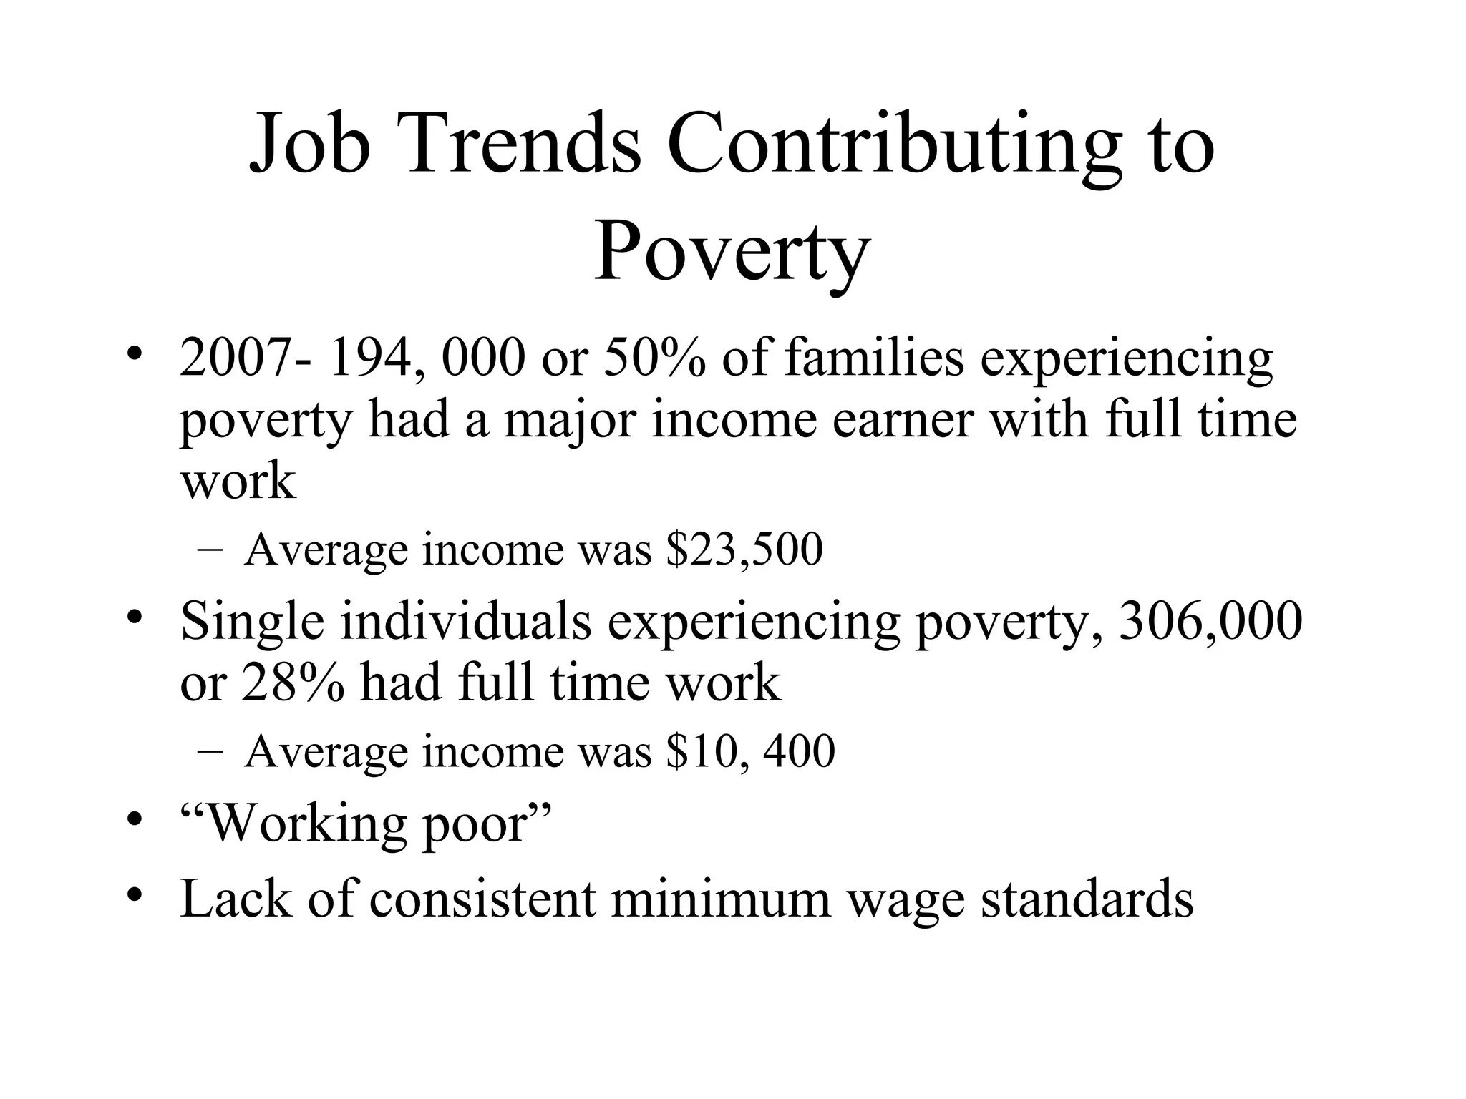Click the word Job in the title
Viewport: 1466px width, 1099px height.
tap(309, 145)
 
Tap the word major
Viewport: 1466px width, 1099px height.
tap(569, 421)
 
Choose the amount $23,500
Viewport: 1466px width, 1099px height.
tap(744, 549)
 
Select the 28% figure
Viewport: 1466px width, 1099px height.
tap(293, 683)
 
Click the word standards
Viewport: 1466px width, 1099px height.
tap(1087, 899)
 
